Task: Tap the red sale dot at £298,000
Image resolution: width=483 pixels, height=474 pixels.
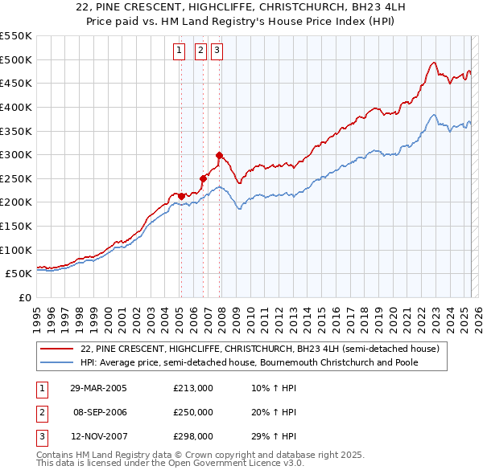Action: tap(219, 155)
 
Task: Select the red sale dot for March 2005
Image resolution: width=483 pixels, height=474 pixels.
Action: tap(181, 196)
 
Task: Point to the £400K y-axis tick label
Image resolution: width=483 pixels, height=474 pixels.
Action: tap(16, 107)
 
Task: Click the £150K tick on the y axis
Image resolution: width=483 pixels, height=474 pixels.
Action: tap(16, 226)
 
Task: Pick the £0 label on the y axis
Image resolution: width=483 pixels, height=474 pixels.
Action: tap(24, 297)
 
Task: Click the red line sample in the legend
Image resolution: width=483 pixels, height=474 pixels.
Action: tap(58, 349)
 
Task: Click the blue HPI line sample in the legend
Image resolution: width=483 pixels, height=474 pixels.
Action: tap(58, 362)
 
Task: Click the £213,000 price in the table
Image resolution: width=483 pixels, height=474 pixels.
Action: tap(193, 388)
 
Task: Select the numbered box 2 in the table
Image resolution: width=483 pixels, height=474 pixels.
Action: tap(40, 412)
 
